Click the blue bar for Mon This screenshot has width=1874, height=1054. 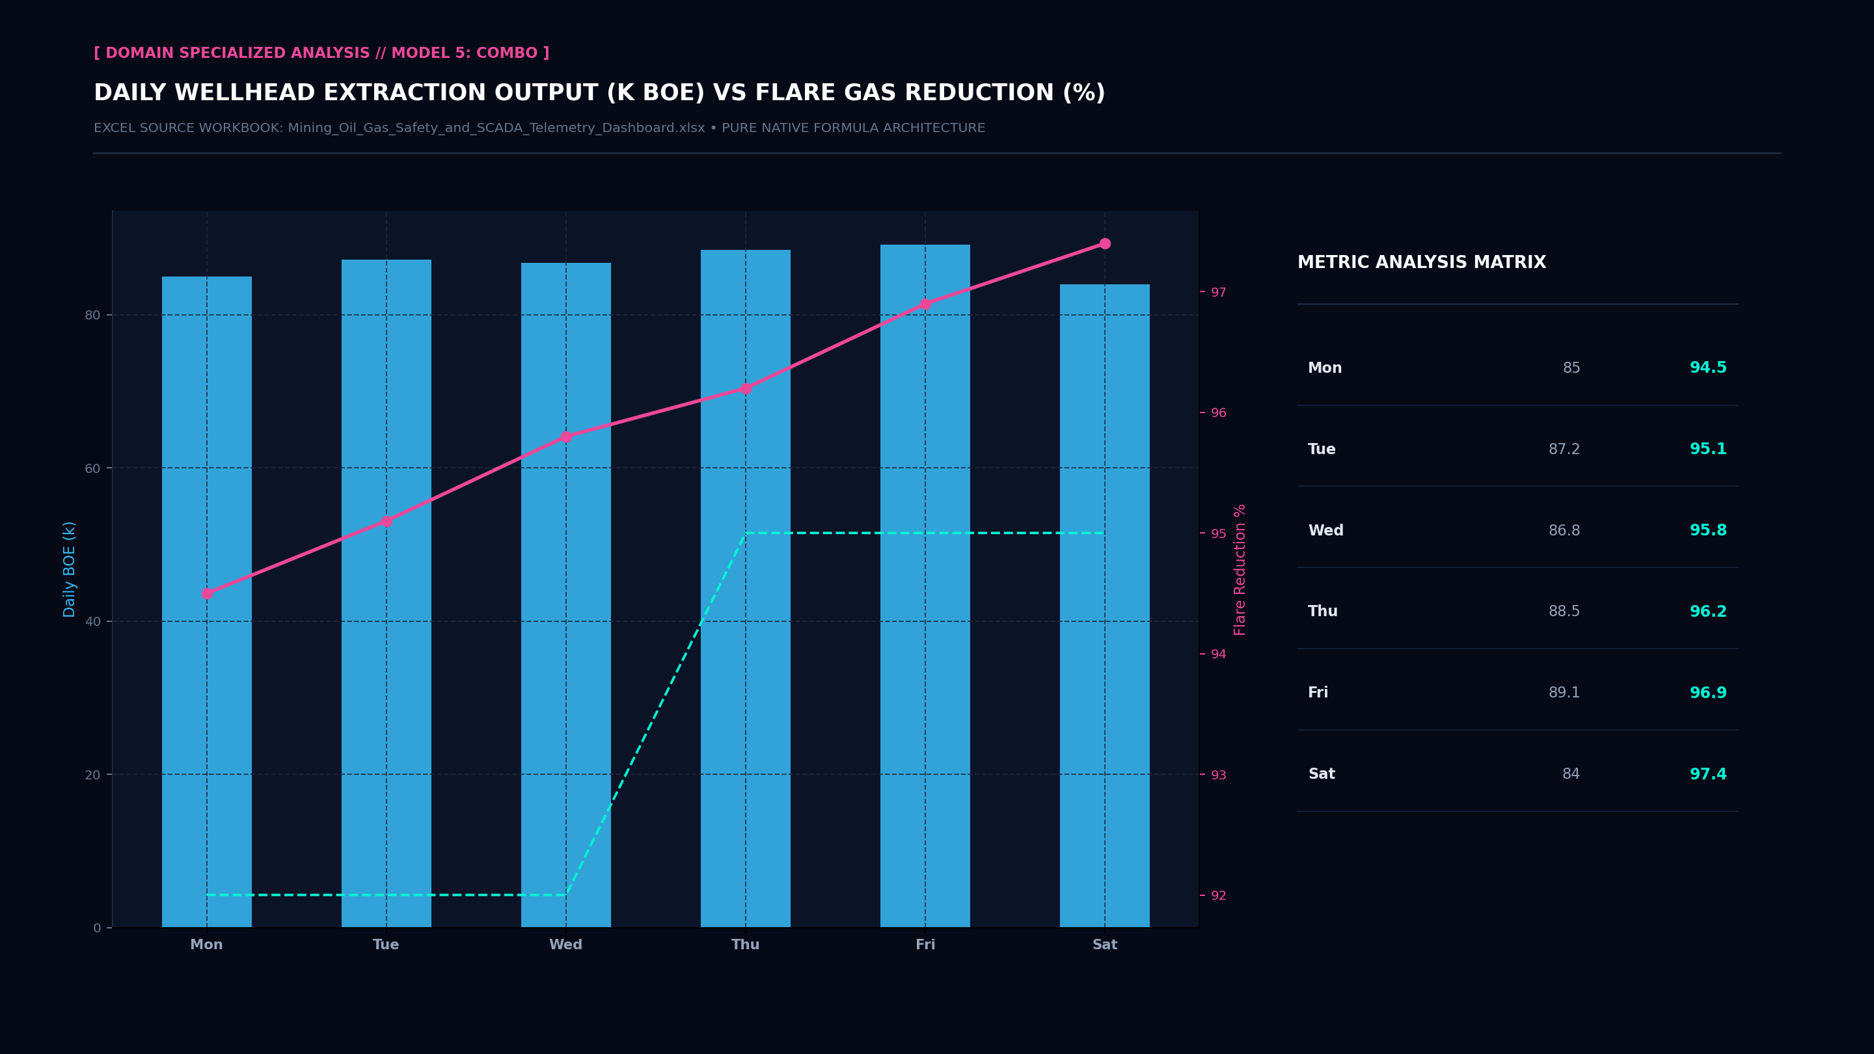pos(207,602)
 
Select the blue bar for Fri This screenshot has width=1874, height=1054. pos(925,586)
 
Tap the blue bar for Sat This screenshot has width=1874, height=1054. pos(1104,606)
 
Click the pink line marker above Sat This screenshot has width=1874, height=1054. pos(1104,244)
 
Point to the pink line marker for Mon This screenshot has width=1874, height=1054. pos(207,593)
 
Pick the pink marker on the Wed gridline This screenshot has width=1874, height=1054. pos(566,437)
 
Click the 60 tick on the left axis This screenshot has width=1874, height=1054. pos(92,468)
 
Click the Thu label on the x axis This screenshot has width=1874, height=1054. pos(745,944)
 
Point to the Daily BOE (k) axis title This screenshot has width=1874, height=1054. pos(69,569)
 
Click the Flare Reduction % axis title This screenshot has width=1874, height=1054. pos(1240,569)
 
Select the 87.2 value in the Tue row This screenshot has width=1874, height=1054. pos(1564,450)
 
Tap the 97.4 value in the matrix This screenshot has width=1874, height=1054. pos(1707,774)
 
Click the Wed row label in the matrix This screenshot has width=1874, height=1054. pos(1325,530)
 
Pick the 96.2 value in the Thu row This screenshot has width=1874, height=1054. pos(1707,612)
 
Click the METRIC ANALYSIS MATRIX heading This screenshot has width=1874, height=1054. pos(1422,263)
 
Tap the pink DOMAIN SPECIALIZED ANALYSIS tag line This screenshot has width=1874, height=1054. pos(321,53)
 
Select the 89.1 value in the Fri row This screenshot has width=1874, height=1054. pos(1564,692)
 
